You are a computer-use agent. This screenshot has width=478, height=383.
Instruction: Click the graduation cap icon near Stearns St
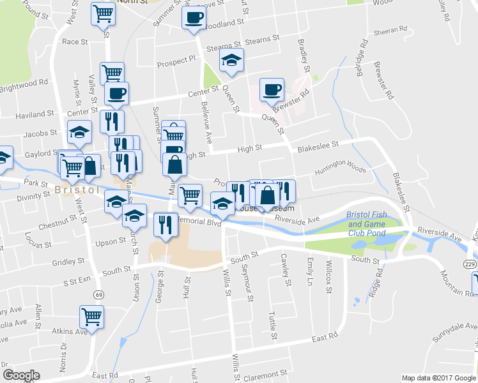pos(231,61)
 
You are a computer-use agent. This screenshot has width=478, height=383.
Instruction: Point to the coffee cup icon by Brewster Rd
pos(272,89)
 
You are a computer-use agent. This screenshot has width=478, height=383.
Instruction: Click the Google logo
pos(21,375)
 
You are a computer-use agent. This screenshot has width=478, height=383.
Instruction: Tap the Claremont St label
pos(268,376)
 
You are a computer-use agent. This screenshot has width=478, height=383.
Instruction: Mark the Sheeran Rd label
pos(391,29)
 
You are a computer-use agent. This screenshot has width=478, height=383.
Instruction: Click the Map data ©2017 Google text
pos(438,377)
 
